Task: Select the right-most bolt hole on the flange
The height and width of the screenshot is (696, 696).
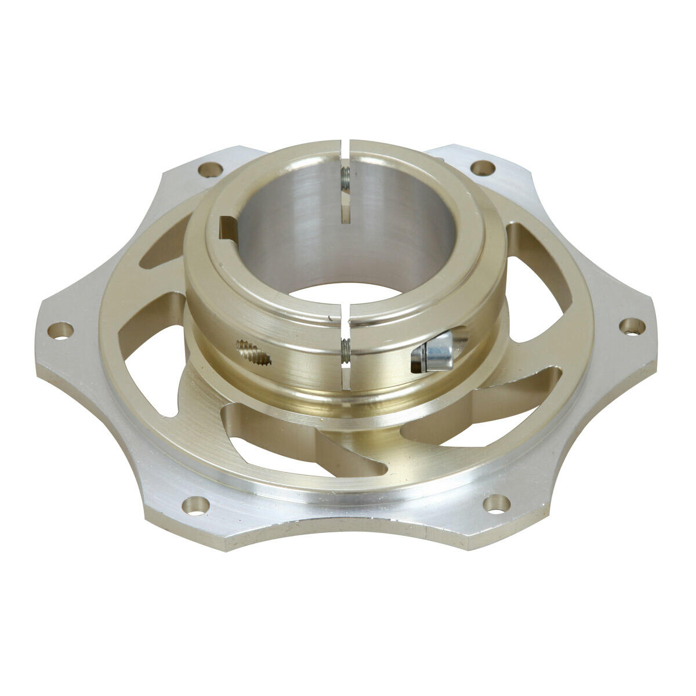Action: [x=630, y=325]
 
